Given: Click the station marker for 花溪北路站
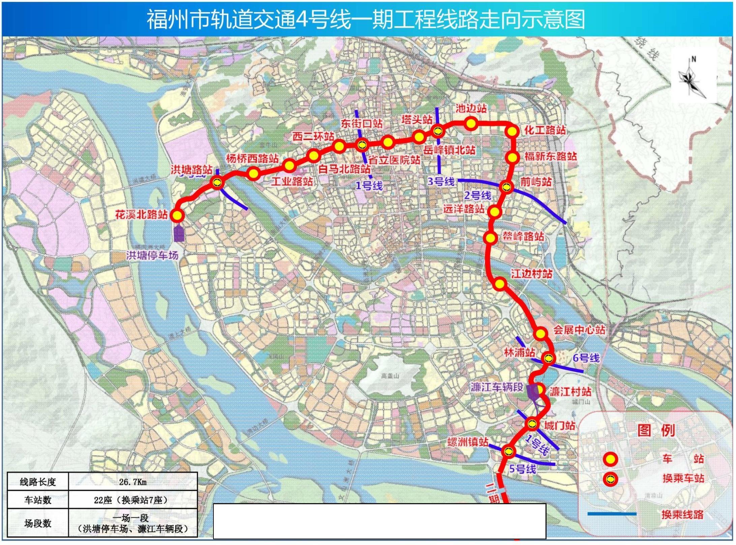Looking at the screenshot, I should click(x=177, y=215).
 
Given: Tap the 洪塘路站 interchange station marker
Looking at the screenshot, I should click(x=217, y=182).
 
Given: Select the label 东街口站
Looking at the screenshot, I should click(x=361, y=123).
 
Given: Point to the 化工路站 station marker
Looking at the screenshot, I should click(x=512, y=132).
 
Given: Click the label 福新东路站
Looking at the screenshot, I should click(x=550, y=156).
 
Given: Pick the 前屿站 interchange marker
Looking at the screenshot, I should click(x=506, y=187).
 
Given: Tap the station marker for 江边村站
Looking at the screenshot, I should click(x=500, y=284).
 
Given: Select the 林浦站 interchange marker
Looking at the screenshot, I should click(x=548, y=358).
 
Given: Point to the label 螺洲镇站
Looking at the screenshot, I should click(x=468, y=442).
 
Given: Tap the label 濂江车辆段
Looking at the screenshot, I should click(x=497, y=387).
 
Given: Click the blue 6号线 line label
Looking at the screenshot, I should click(x=586, y=358).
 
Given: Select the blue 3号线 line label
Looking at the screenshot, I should click(x=441, y=181).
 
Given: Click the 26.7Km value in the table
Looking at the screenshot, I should click(x=133, y=482).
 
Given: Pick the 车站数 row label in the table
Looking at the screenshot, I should click(x=38, y=500).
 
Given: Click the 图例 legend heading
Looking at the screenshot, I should click(x=656, y=431).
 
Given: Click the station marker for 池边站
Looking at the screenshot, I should click(x=471, y=123).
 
